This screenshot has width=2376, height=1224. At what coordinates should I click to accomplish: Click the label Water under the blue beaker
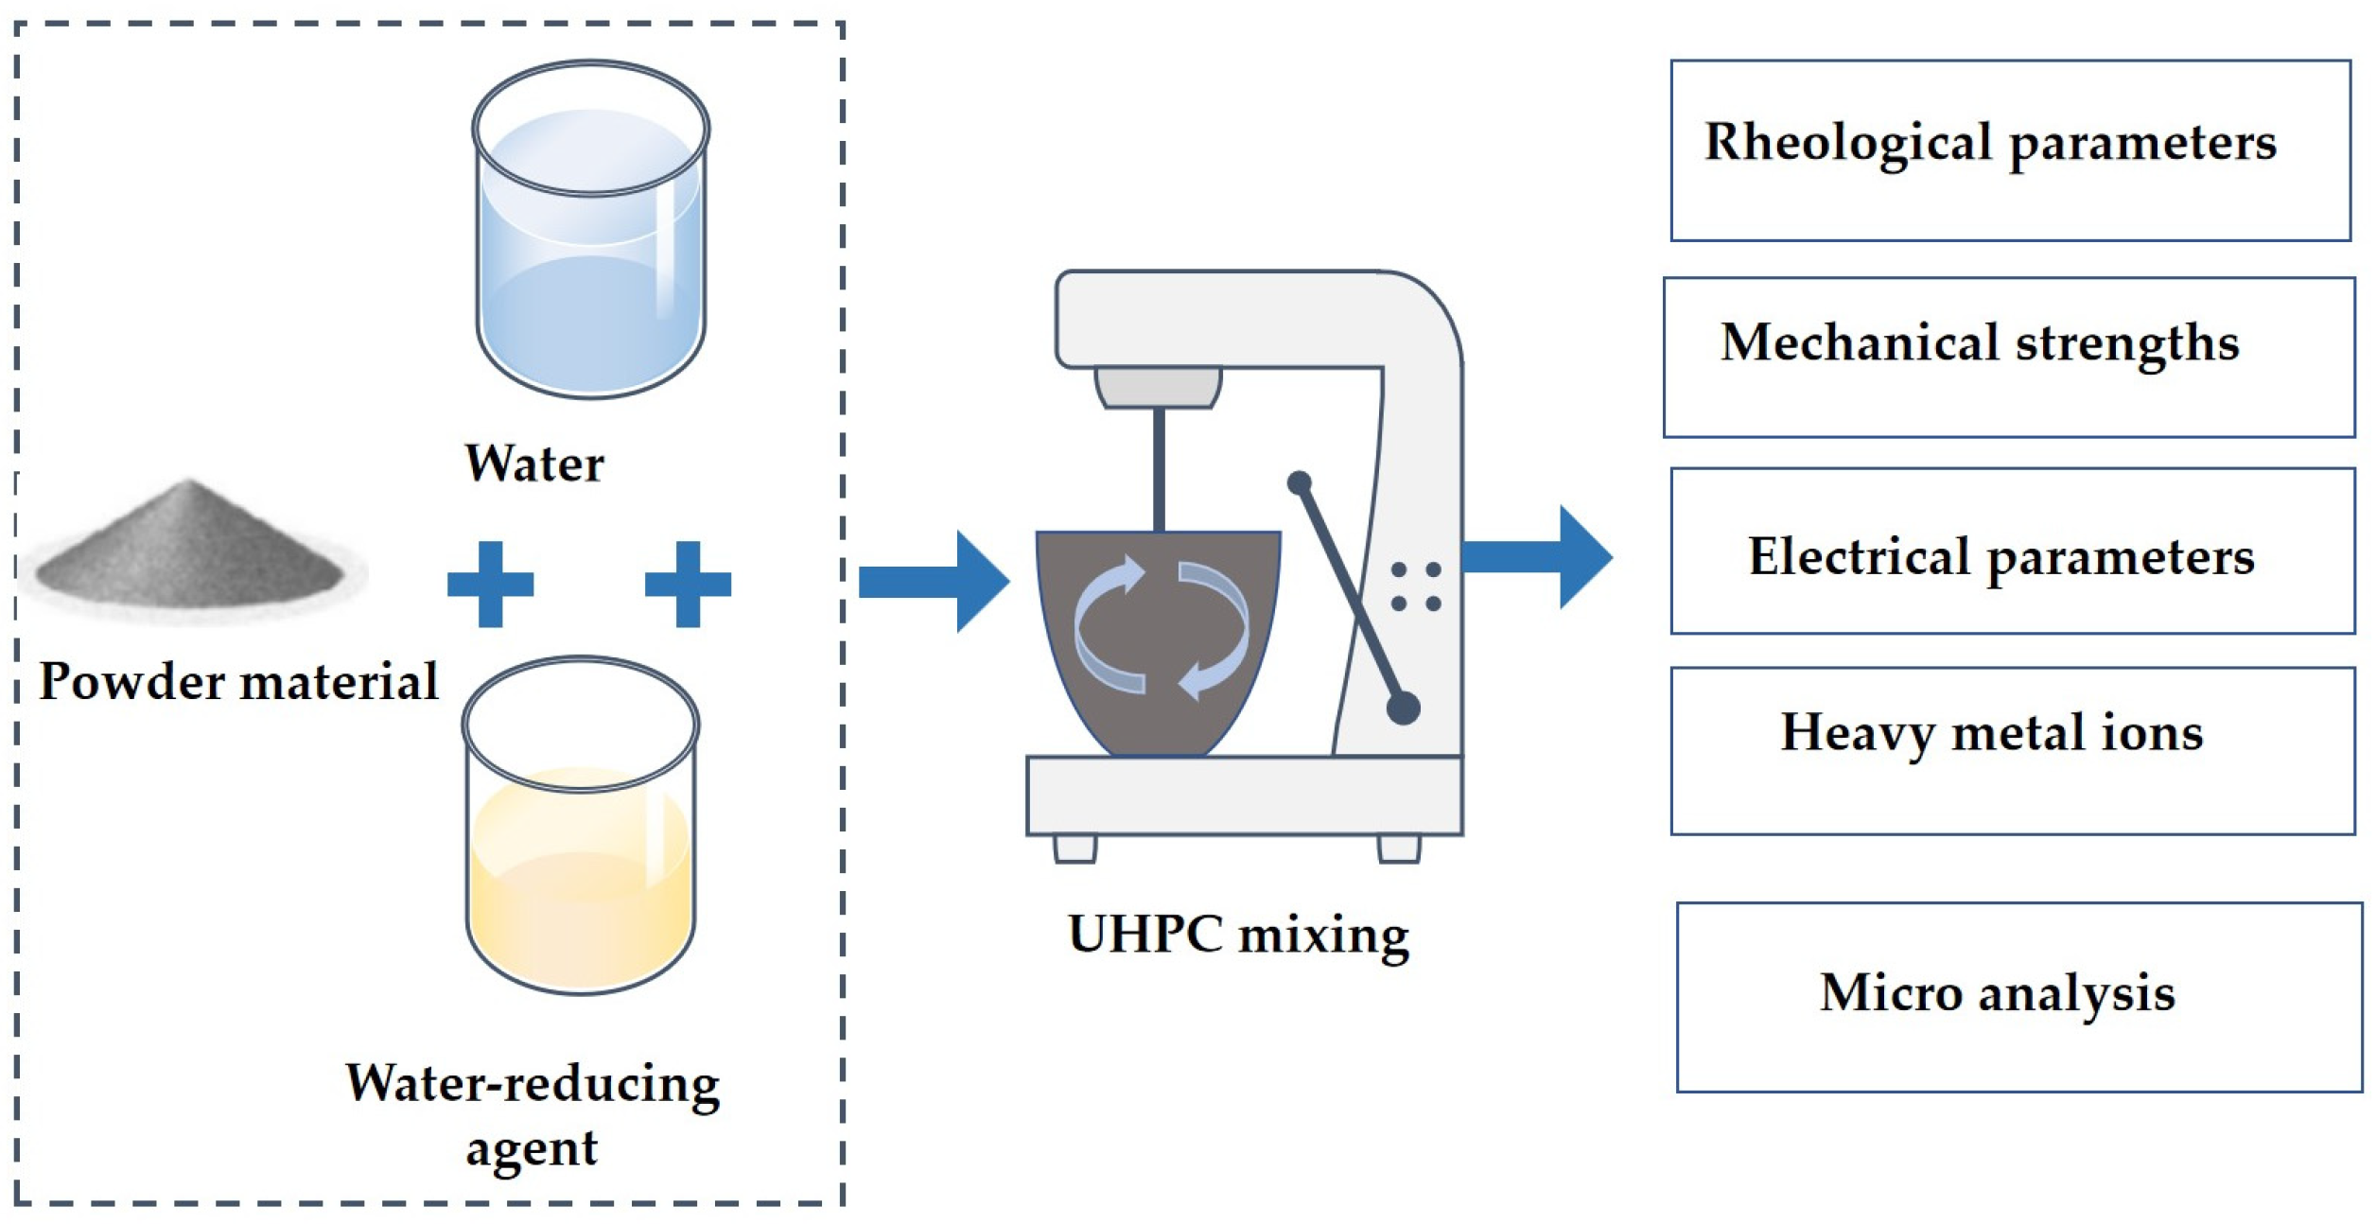[534, 463]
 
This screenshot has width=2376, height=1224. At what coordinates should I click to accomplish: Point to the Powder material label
[238, 681]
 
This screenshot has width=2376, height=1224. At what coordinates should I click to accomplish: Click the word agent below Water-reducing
[532, 1148]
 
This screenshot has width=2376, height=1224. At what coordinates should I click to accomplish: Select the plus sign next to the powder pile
[490, 584]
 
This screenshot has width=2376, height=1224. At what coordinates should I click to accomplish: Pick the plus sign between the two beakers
[688, 584]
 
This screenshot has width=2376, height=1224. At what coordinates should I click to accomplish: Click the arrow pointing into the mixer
[932, 581]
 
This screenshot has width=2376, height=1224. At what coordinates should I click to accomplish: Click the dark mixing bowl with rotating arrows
[1159, 634]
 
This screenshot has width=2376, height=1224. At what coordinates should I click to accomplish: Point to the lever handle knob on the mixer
[1403, 708]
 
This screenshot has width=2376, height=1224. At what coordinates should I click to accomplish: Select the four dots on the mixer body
[1416, 586]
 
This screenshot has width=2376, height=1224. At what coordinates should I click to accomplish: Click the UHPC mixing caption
[1238, 935]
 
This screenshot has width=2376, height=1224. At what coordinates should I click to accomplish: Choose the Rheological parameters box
[2010, 150]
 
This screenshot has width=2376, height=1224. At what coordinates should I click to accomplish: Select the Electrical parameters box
[2012, 551]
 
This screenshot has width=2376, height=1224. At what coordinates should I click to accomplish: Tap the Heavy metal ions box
[2012, 750]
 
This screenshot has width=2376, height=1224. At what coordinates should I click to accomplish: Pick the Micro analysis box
[2018, 997]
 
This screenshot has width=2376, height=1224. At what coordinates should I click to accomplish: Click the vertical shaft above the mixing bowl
[1159, 468]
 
